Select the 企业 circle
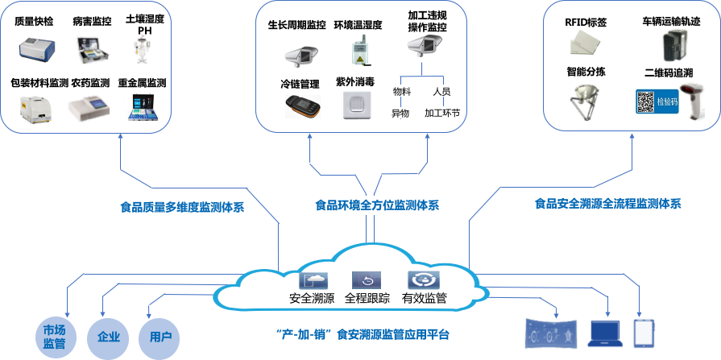point(108,336)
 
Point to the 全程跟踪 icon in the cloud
point(367,280)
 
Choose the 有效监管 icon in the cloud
point(424,279)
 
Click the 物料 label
point(401,91)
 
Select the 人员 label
point(441,91)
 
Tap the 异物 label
point(401,114)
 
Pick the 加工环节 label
point(442,114)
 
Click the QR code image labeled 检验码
point(656,101)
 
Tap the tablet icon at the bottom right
point(644,332)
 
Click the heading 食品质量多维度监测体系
point(182,207)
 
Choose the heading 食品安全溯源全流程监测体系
point(607,204)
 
